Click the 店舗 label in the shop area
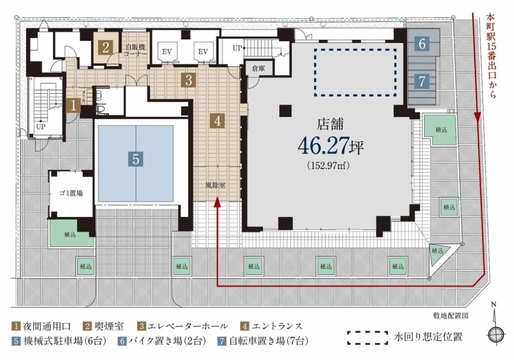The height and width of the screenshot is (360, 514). pos(330,124)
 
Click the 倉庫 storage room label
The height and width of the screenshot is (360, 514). pos(258,69)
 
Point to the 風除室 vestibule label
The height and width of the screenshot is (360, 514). pos(216,185)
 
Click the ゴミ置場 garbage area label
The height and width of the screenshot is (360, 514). pos(71,193)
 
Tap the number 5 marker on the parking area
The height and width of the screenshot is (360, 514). pos(136,159)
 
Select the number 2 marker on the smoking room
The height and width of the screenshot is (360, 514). pos(106,48)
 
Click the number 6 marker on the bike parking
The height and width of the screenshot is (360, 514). pos(422,43)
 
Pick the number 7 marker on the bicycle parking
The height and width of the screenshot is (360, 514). pos(422,81)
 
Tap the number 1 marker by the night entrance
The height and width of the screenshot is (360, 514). pos(73,106)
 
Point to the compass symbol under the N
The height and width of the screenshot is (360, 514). pos(496,335)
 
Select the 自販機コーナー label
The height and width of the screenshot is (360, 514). pos(134,50)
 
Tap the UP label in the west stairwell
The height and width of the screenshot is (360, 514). pos(40,127)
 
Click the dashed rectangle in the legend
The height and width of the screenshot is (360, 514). pos(368,338)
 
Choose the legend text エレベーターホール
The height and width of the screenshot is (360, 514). pos(188,326)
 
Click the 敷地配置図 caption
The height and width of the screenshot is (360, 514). pos(451,316)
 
